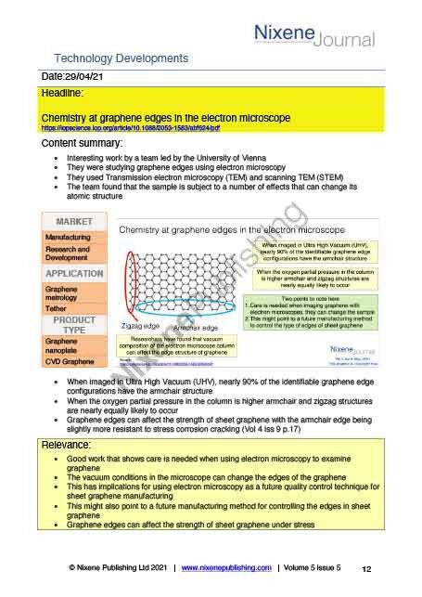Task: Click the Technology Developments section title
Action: click(x=121, y=58)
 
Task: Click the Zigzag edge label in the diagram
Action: click(x=143, y=326)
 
